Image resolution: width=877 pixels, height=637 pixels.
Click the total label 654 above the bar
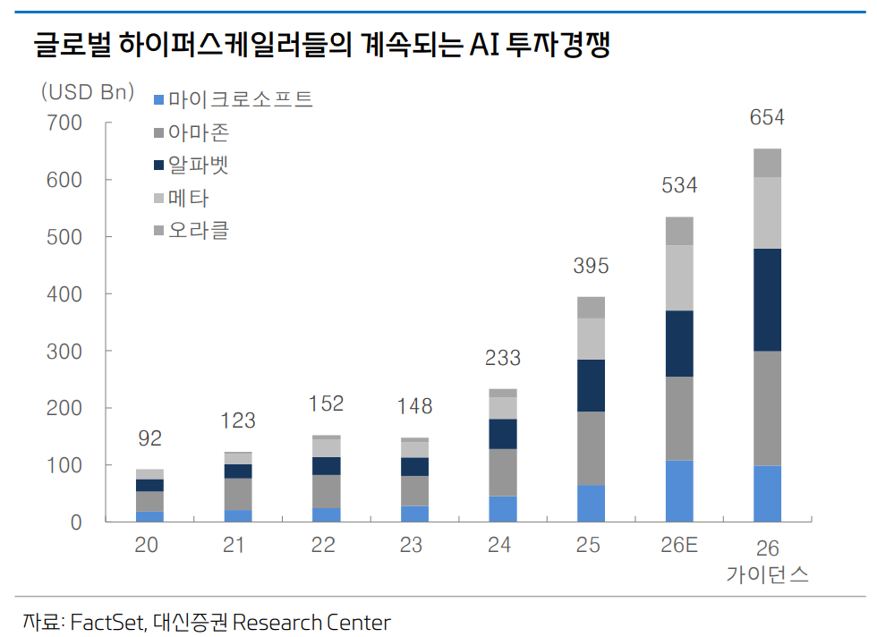(x=767, y=118)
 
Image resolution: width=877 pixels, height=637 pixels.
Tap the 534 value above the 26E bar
(x=679, y=186)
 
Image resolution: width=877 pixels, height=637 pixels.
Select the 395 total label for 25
(x=591, y=266)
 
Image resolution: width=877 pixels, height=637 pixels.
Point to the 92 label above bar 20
(x=149, y=439)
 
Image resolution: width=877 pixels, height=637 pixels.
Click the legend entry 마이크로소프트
(x=240, y=98)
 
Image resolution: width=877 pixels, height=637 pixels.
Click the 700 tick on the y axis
(x=64, y=123)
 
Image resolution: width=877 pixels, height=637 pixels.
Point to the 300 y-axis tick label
(x=64, y=352)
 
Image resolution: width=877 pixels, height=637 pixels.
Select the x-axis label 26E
(x=679, y=546)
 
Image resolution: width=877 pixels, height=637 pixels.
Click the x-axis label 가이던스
(x=767, y=575)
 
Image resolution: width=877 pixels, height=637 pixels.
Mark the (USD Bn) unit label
(x=87, y=91)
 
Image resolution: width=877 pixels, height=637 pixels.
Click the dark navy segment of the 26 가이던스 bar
(x=767, y=300)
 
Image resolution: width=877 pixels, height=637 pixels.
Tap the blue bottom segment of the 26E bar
(x=679, y=491)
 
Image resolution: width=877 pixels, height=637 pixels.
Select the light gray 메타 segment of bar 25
(x=591, y=339)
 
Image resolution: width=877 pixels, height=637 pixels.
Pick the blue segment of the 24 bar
(x=502, y=509)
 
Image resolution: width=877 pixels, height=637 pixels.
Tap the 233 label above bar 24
(x=502, y=360)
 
